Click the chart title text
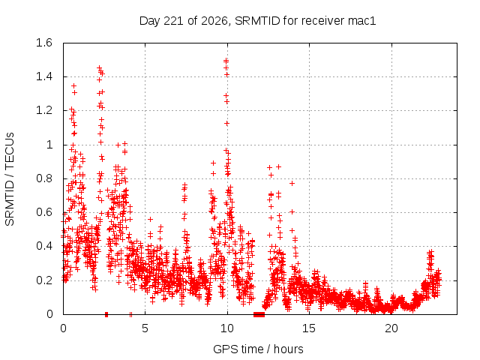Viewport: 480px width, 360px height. (x=257, y=21)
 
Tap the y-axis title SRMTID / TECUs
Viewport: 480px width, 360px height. (x=10, y=179)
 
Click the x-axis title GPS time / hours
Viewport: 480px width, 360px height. (x=258, y=349)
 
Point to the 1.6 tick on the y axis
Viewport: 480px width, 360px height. (x=44, y=43)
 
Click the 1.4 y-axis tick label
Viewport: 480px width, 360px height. (x=44, y=76)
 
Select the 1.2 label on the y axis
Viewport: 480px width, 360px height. (x=44, y=110)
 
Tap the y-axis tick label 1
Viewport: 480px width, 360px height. (x=49, y=145)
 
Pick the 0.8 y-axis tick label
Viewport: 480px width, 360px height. (x=44, y=178)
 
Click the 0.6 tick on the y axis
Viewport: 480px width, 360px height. (x=44, y=212)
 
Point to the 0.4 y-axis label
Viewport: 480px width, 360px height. (x=44, y=246)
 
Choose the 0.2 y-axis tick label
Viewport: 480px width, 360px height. (x=44, y=280)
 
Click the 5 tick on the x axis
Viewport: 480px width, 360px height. (x=145, y=328)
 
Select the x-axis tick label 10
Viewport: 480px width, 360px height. (x=227, y=328)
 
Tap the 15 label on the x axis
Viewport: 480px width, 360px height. (x=309, y=328)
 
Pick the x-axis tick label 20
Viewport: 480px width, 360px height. (x=391, y=328)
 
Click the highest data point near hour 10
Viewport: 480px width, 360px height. (x=226, y=61)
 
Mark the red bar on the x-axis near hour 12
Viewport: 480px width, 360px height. (x=259, y=314)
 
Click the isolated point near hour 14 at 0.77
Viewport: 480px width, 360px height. (x=292, y=183)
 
